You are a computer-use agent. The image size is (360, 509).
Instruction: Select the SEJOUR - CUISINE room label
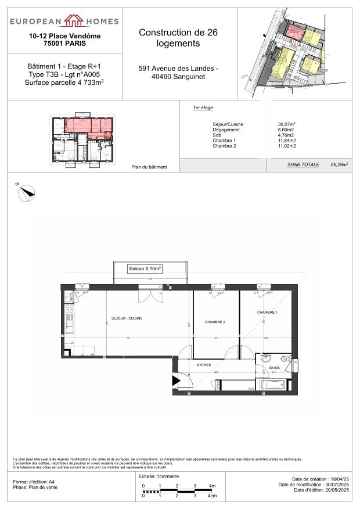[x=127, y=318]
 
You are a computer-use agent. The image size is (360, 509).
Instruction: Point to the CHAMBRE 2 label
[x=214, y=322]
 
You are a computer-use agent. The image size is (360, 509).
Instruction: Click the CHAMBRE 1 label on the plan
[x=267, y=313]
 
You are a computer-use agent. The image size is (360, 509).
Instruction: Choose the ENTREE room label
[x=204, y=364]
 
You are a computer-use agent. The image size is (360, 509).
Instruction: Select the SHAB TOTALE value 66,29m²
[x=338, y=165]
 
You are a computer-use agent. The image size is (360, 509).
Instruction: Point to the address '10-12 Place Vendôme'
[x=64, y=36]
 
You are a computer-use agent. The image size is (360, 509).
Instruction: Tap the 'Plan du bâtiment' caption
[x=149, y=167]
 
